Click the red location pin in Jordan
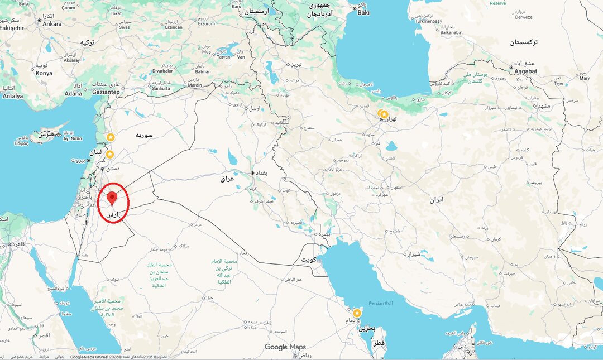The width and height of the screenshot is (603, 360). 112,197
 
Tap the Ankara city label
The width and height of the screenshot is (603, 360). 52,24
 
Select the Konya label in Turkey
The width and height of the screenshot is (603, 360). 44,73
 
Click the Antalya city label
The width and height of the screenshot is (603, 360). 13,96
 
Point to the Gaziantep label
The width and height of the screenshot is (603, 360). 107,92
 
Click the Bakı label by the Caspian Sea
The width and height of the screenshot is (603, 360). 363,12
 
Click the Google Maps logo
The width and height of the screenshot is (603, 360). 285,347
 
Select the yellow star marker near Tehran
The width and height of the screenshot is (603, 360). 384,114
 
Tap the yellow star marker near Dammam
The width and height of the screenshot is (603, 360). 357,313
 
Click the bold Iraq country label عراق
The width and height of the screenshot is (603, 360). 227,179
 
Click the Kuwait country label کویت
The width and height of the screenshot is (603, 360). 309,260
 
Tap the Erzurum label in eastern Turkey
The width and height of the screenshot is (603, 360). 207,23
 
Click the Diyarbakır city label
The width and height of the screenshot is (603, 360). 163,71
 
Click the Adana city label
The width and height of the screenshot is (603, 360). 73,93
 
